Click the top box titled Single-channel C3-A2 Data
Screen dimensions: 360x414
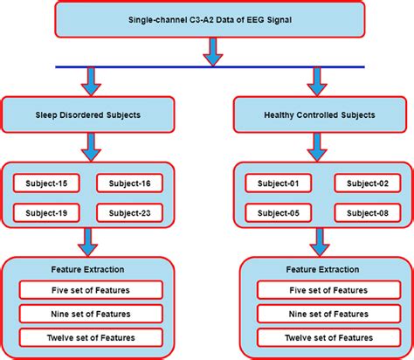coord(208,20)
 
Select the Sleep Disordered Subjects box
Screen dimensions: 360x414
coord(89,114)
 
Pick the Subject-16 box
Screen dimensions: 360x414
coord(129,183)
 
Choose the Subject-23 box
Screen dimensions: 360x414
coord(129,212)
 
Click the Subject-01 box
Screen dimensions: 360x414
coord(277,183)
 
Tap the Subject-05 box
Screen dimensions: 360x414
coord(277,212)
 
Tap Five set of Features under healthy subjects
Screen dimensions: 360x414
coord(320,290)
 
